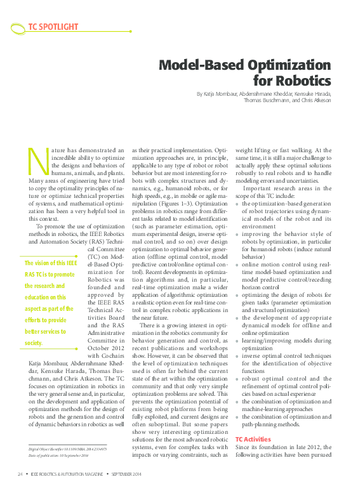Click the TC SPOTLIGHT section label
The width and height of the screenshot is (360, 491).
click(x=53, y=27)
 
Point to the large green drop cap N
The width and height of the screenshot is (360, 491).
click(x=39, y=160)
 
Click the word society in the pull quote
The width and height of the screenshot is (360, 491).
click(x=34, y=343)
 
